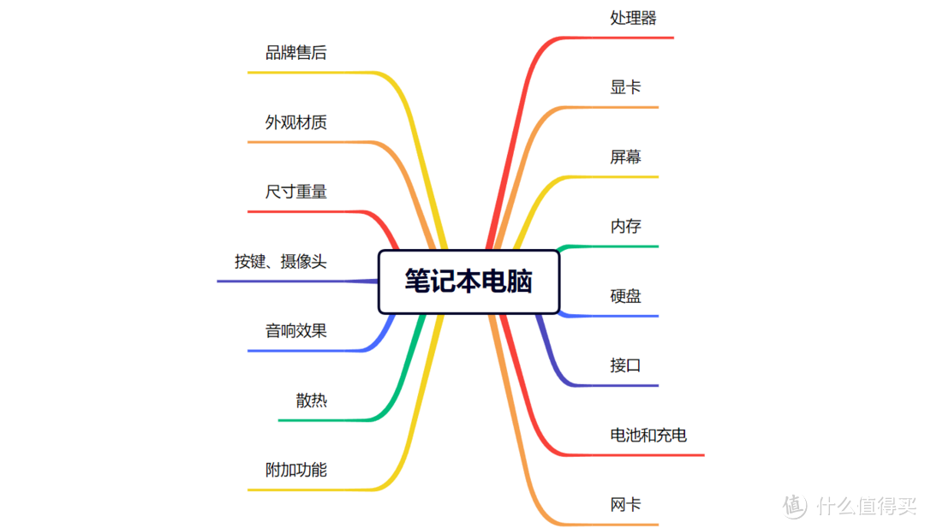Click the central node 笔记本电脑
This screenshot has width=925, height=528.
pyautogui.click(x=468, y=282)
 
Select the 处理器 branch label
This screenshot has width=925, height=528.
pyautogui.click(x=633, y=18)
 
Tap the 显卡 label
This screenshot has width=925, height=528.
pyautogui.click(x=625, y=87)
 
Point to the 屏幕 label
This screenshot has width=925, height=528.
pyautogui.click(x=625, y=157)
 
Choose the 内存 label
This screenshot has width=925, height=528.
pyautogui.click(x=625, y=227)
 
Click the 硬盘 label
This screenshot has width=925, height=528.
pyautogui.click(x=625, y=297)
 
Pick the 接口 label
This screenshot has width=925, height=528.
pyautogui.click(x=625, y=366)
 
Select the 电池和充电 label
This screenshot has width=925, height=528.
pyautogui.click(x=648, y=436)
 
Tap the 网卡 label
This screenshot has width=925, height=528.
pyautogui.click(x=625, y=505)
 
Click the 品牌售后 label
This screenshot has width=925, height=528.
pyautogui.click(x=295, y=53)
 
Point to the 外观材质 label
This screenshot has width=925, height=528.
pyautogui.click(x=295, y=122)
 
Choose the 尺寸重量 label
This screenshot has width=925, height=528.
pyautogui.click(x=295, y=192)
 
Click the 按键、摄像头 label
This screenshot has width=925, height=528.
pyautogui.click(x=280, y=262)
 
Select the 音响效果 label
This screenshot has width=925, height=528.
pyautogui.click(x=295, y=331)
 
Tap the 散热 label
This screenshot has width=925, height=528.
pyautogui.click(x=311, y=400)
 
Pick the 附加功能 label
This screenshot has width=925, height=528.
pyautogui.click(x=295, y=470)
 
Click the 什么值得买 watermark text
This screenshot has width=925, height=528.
pyautogui.click(x=866, y=506)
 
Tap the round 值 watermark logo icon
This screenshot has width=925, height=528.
pyautogui.click(x=795, y=506)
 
